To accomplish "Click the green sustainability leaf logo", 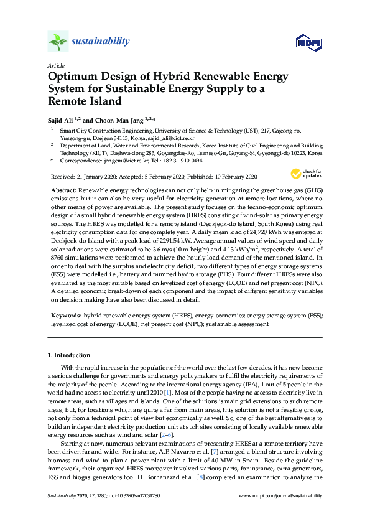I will point(58,42).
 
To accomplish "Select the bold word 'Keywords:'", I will point(65,316).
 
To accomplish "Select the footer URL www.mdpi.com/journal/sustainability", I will point(280,512).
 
